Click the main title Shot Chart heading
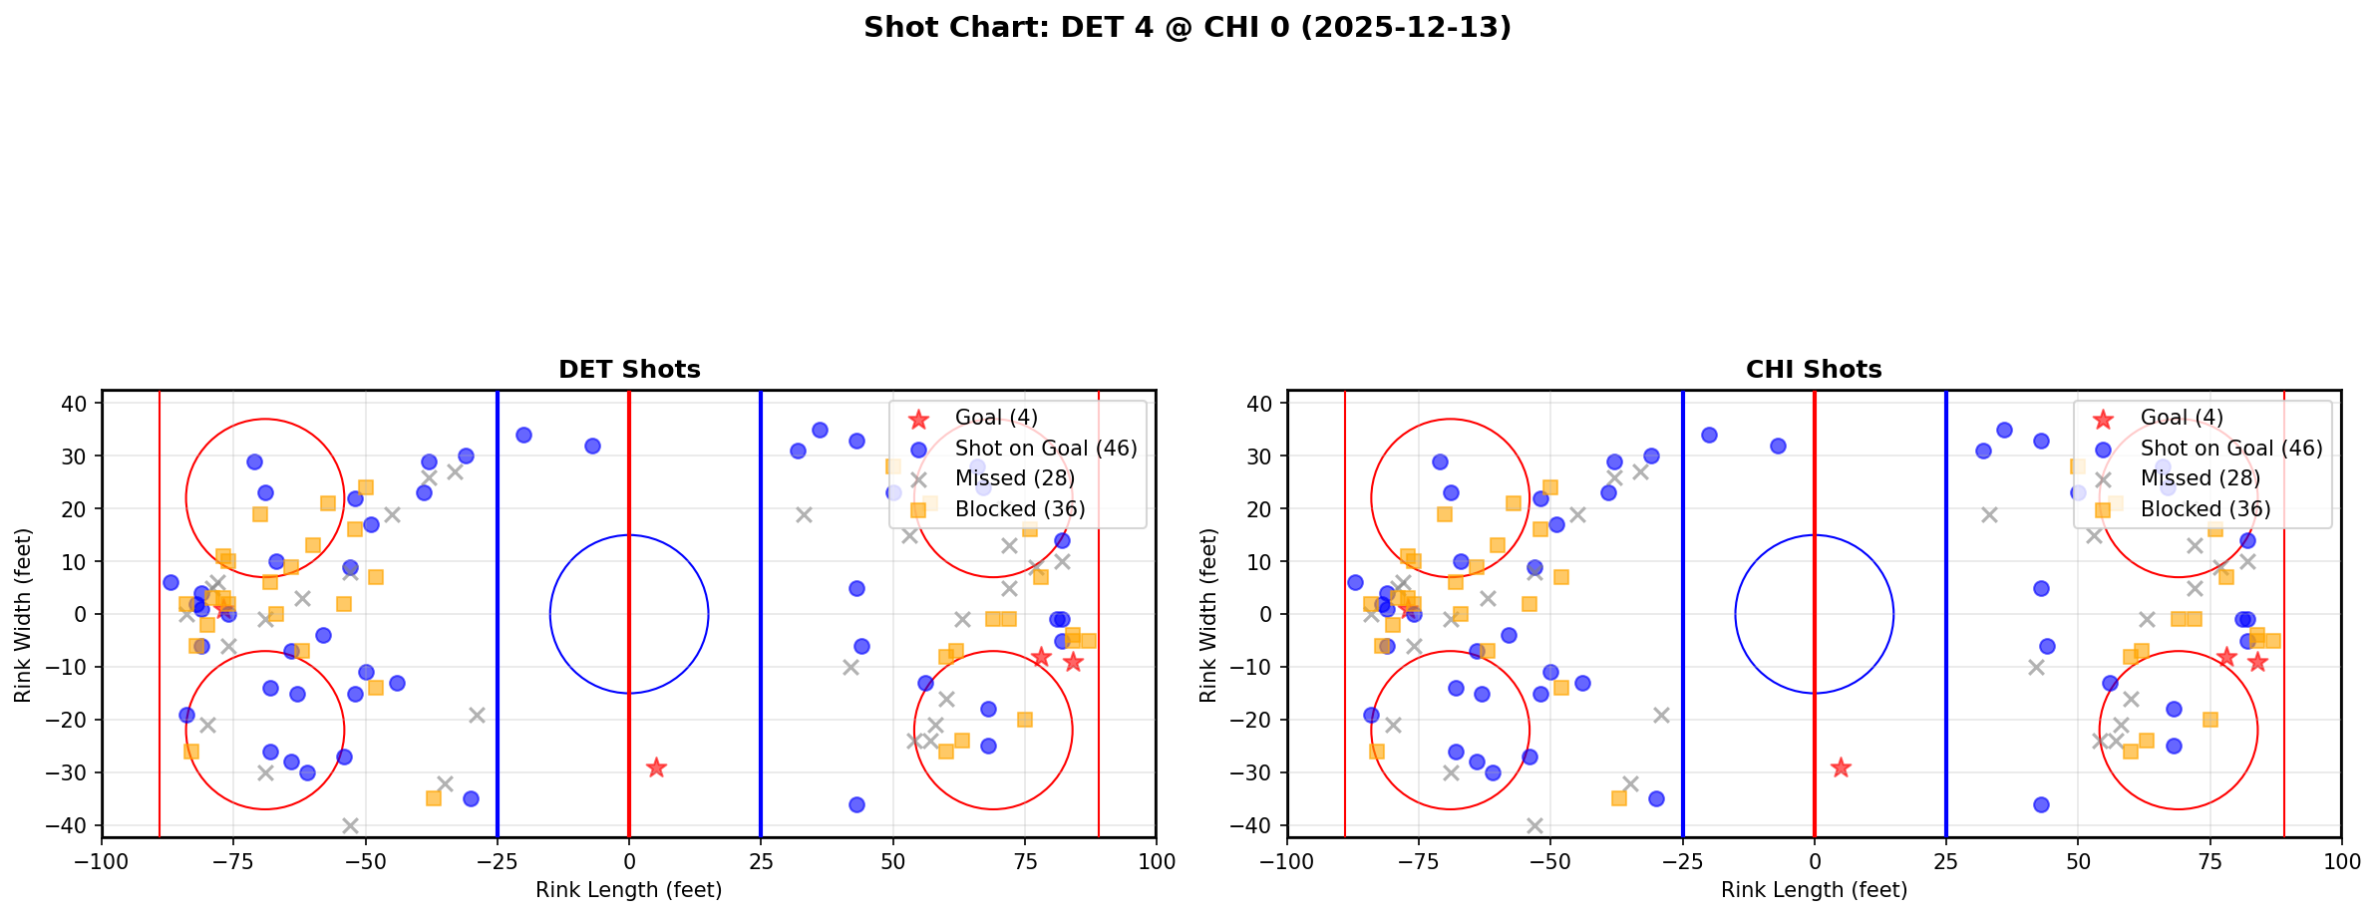click(x=1187, y=28)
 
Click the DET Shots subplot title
click(x=629, y=370)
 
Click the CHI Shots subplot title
click(x=1814, y=370)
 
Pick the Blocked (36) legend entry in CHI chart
click(x=2205, y=509)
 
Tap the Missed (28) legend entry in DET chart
click(x=1014, y=478)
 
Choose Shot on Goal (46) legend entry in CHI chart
click(x=2230, y=449)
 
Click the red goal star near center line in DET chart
click(x=655, y=767)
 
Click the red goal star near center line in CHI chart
click(x=1841, y=767)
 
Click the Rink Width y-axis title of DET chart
click(x=23, y=614)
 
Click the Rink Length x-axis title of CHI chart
click(x=1814, y=890)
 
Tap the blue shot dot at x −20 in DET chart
click(x=523, y=435)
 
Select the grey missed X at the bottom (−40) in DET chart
click(x=350, y=825)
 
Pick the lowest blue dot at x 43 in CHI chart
click(x=2041, y=804)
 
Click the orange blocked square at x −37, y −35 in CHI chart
click(x=1619, y=798)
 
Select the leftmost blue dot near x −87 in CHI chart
click(x=1355, y=582)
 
